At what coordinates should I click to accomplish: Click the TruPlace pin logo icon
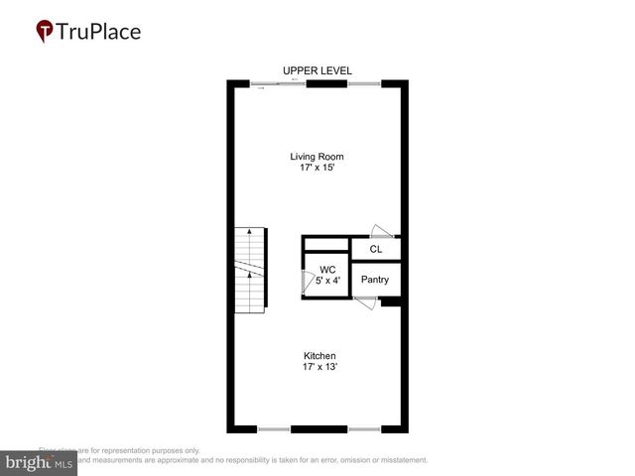[45, 31]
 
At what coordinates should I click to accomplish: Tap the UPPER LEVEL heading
[317, 70]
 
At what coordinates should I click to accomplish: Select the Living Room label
[317, 157]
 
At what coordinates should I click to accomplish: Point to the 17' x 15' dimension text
[317, 169]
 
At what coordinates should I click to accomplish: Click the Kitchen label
[319, 356]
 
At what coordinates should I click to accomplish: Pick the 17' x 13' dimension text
[319, 368]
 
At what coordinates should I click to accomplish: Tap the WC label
[327, 269]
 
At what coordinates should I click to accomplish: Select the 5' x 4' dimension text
[327, 281]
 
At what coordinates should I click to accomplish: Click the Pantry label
[374, 280]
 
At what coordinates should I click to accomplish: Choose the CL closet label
[375, 249]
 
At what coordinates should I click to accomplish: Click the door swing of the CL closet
[382, 230]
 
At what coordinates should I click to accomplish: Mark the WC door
[306, 282]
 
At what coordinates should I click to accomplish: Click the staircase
[251, 270]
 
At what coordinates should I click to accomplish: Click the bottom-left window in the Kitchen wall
[274, 429]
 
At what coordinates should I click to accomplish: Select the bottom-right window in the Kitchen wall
[364, 429]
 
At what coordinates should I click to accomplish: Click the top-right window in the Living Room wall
[363, 83]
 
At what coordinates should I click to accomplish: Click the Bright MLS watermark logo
[39, 463]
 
